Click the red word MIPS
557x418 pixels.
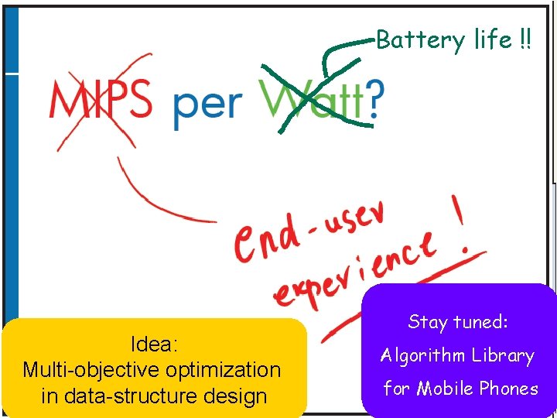coord(101,101)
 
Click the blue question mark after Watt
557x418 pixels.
coord(374,101)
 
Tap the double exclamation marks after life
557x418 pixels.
coord(526,40)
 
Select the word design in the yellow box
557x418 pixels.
coord(235,396)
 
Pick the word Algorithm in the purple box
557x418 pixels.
coord(422,356)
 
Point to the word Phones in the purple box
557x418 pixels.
coord(508,389)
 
